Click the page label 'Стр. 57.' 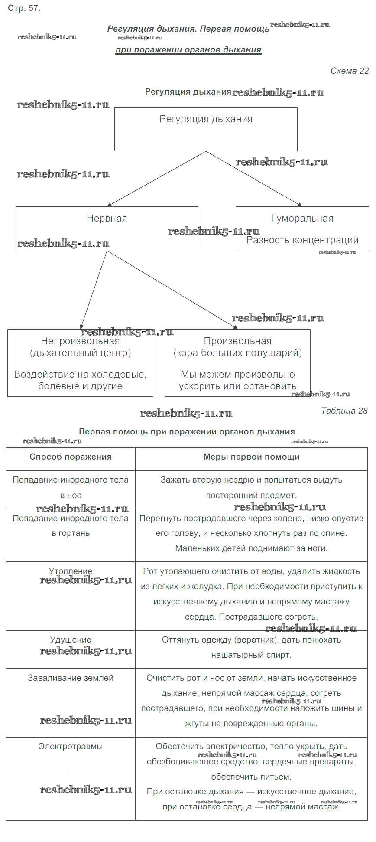[x=24, y=8]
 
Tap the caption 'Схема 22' [x=350, y=71]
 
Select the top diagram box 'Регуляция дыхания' [x=206, y=129]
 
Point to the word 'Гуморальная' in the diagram [x=302, y=219]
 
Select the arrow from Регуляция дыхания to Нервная [x=157, y=178]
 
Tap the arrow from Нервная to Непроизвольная [x=94, y=289]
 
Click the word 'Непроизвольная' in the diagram [x=80, y=341]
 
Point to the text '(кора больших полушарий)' [x=238, y=353]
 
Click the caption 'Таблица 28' [x=344, y=411]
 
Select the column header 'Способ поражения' [x=71, y=457]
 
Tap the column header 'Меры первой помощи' [x=251, y=457]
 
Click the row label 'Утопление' [x=71, y=571]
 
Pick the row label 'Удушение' [x=71, y=640]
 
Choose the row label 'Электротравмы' [x=71, y=747]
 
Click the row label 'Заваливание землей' [x=71, y=678]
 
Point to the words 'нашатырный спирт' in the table [x=251, y=655]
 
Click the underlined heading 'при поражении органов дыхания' [x=188, y=50]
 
